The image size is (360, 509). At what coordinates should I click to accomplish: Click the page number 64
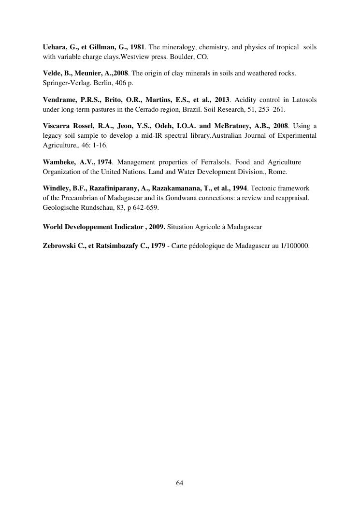(x=180, y=483)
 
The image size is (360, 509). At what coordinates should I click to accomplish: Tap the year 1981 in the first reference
(x=137, y=46)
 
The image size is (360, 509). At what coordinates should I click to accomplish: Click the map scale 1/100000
(x=294, y=245)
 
